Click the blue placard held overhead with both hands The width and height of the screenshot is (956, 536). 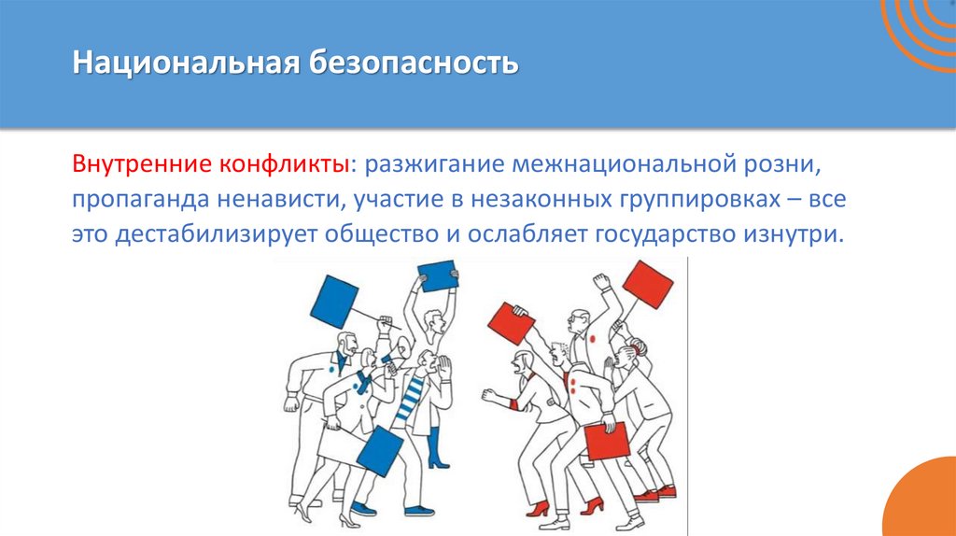pyautogui.click(x=437, y=275)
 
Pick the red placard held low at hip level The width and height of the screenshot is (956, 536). pyautogui.click(x=607, y=441)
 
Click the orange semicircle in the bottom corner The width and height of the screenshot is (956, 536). pyautogui.click(x=924, y=500)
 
